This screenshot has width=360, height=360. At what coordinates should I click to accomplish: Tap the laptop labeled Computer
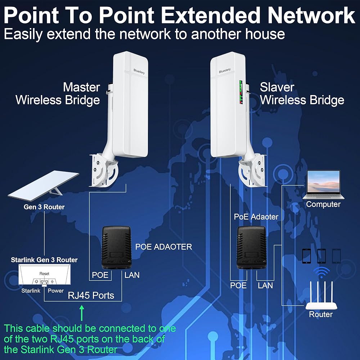[323, 185]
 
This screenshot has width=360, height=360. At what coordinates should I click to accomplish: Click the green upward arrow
[82, 313]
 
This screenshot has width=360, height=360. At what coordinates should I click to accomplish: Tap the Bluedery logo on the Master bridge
[139, 71]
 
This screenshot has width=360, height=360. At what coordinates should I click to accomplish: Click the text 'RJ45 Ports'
[91, 296]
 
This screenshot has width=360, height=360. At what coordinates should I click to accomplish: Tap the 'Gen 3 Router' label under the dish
[44, 207]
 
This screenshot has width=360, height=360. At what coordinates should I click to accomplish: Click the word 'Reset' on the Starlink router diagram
[44, 274]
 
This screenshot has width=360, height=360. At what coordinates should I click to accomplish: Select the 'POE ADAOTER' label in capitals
[163, 247]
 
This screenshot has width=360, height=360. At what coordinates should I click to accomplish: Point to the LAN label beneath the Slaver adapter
[265, 285]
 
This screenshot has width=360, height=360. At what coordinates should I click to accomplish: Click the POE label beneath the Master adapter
[100, 275]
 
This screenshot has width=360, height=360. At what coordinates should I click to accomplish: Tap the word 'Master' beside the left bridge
[81, 87]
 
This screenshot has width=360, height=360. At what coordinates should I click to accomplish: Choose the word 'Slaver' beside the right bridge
[277, 87]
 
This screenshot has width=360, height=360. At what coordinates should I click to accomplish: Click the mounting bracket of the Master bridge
[104, 170]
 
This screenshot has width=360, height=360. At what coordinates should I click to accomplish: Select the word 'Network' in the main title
[311, 15]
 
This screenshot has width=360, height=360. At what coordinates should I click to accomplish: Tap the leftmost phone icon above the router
[306, 256]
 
